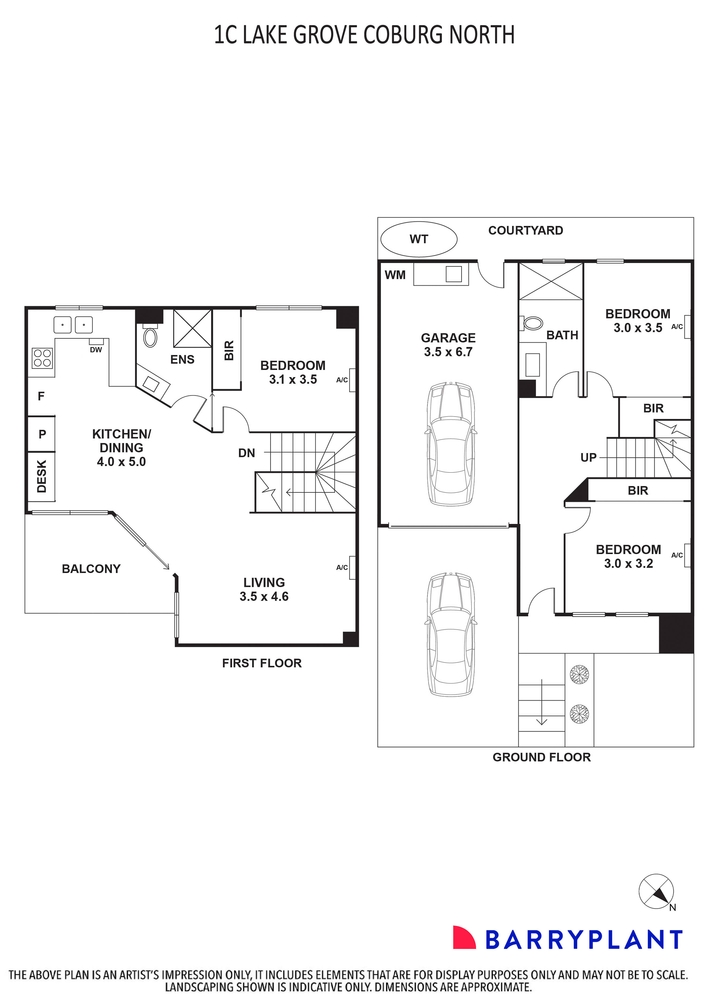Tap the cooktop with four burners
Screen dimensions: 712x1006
[42, 358]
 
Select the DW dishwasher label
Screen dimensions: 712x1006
[96, 350]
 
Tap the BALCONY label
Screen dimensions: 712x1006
[91, 569]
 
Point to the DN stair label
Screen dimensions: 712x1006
[247, 453]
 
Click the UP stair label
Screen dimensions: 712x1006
[588, 458]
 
